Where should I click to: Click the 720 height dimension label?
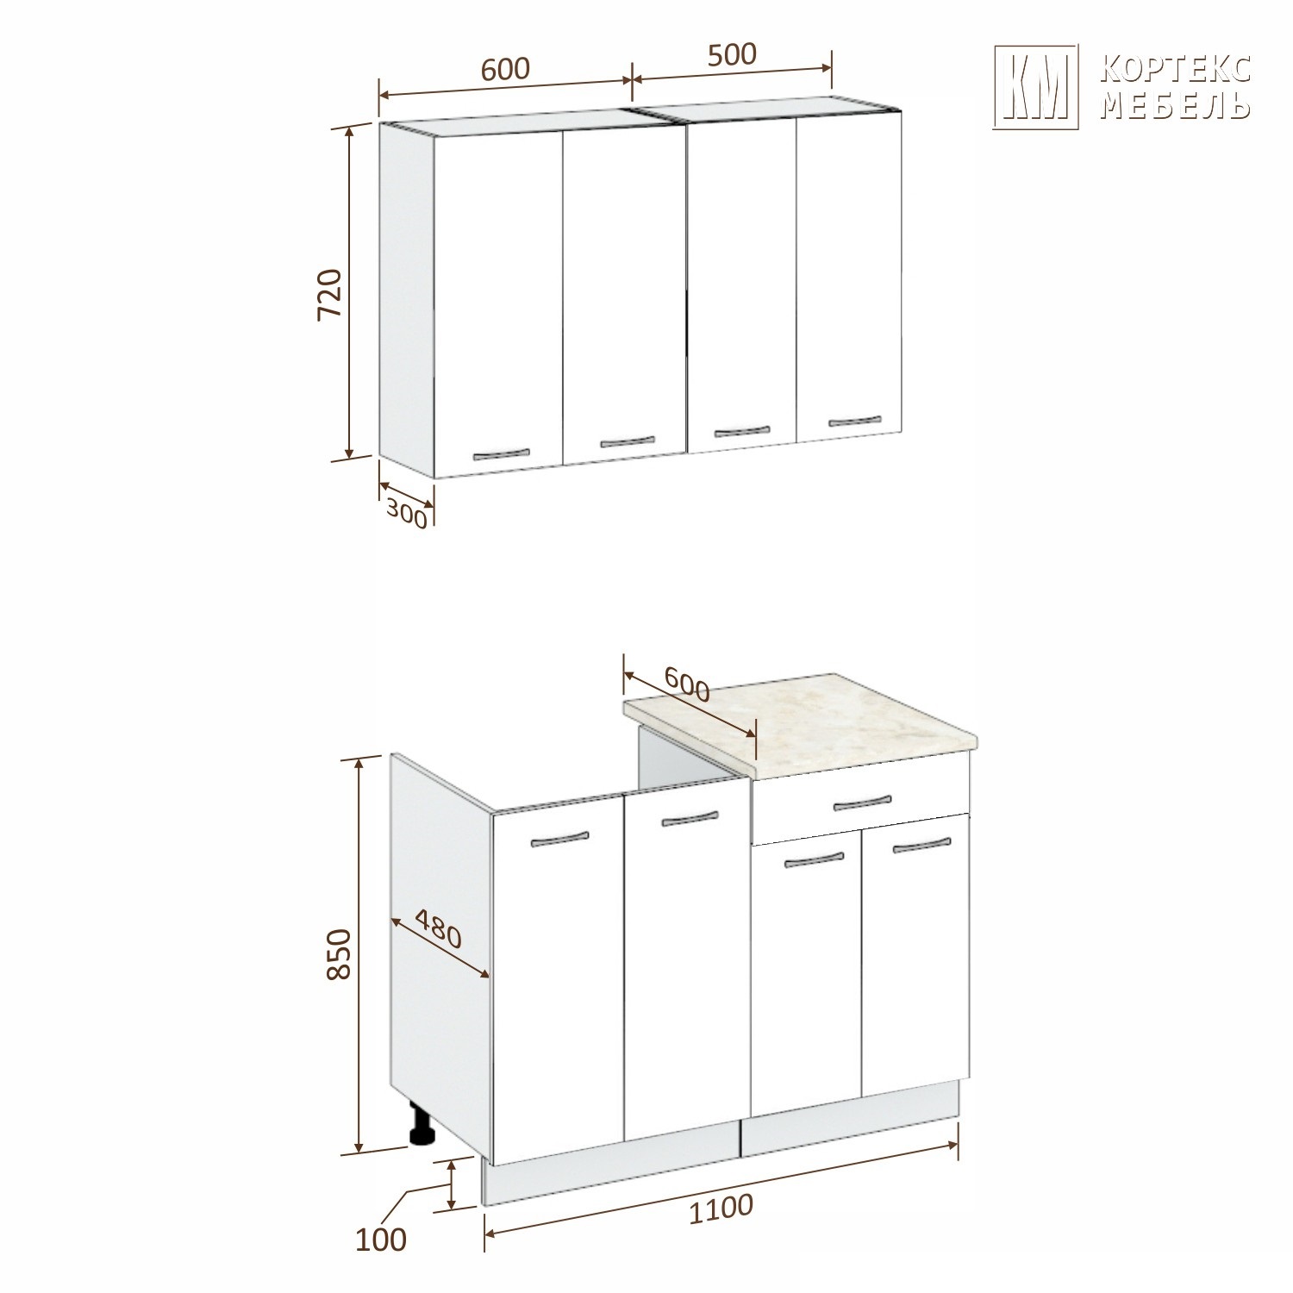point(330,295)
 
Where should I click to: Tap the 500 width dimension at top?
point(732,54)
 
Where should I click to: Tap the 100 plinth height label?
point(380,1240)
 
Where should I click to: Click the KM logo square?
point(1036,87)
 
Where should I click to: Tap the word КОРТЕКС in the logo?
point(1177,69)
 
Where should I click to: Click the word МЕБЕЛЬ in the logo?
point(1177,105)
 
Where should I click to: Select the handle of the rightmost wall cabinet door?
point(855,421)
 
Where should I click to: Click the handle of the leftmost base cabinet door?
point(559,839)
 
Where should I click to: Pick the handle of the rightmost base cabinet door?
point(920,847)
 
